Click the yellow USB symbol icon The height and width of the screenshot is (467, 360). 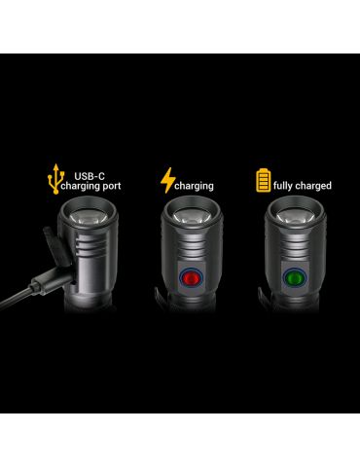pos(55,179)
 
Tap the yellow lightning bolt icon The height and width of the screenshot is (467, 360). pos(167,180)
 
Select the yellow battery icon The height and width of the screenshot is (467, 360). pos(263,180)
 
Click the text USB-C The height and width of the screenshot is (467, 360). pos(90,176)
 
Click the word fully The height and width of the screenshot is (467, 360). pos(283,186)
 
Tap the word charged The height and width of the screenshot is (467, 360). pos(313,186)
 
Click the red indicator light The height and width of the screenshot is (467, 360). pos(191,277)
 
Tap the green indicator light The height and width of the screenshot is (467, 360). pos(295,278)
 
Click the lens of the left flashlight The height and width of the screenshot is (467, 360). pos(88,217)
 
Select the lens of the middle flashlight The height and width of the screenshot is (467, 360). pos(192,216)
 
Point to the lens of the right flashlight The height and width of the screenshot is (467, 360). pos(295,216)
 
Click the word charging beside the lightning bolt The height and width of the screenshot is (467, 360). pos(194,186)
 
